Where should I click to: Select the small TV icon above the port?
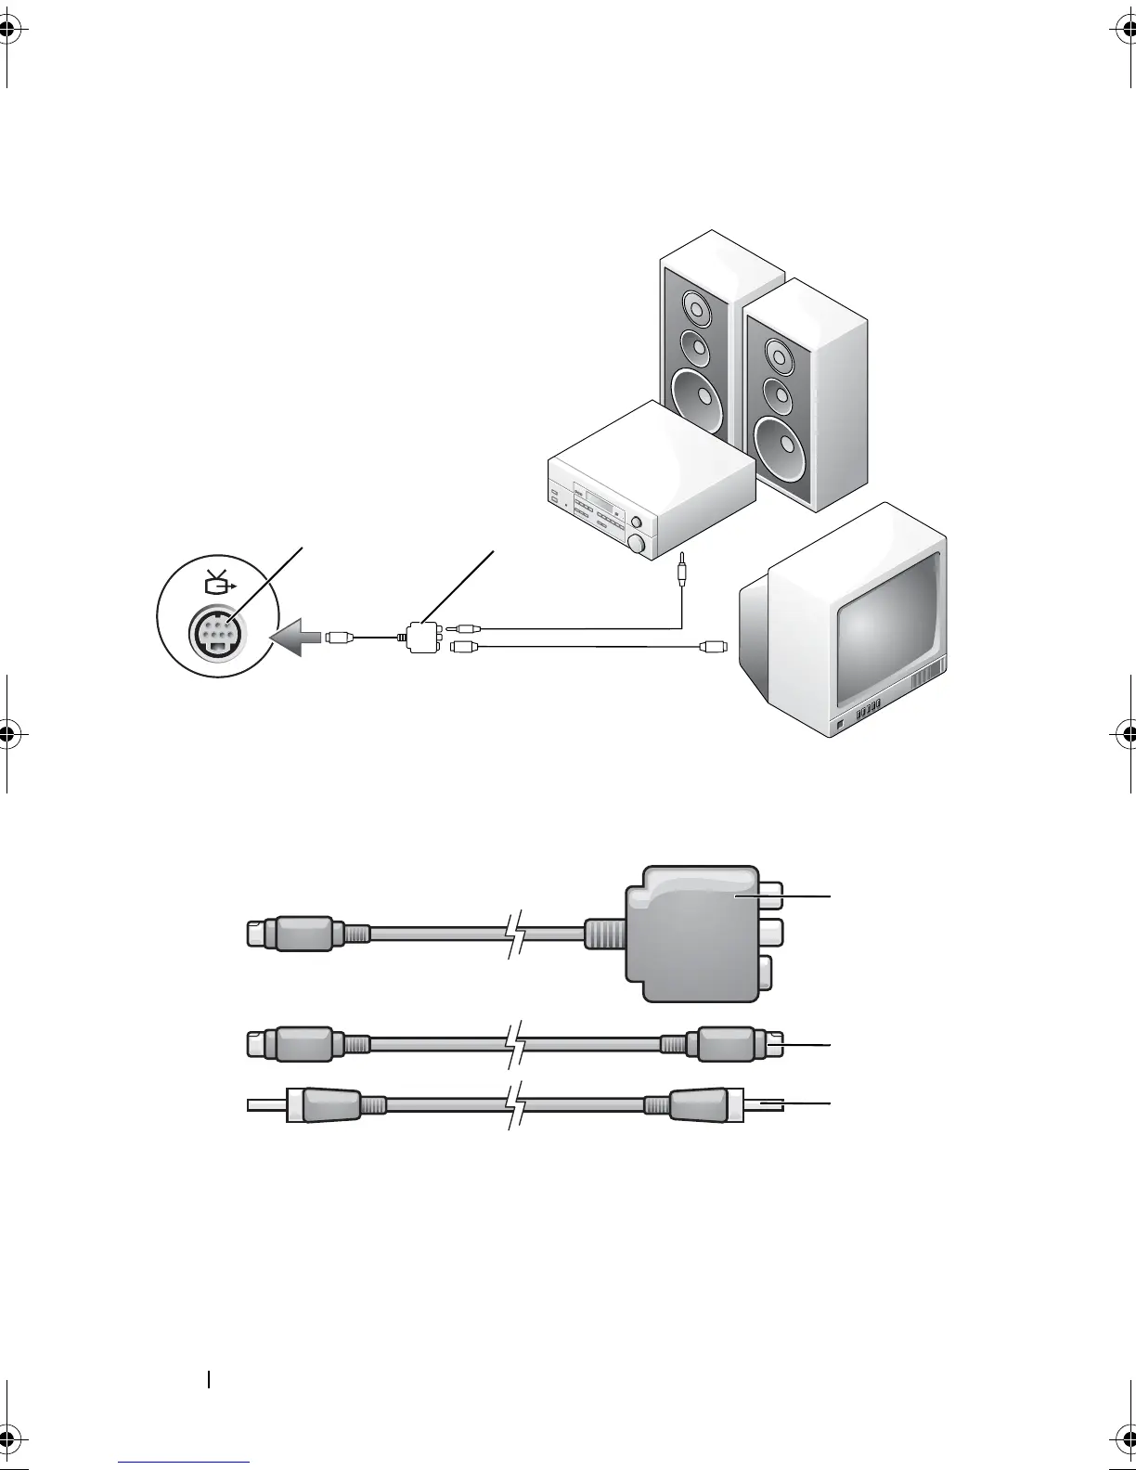[x=215, y=584]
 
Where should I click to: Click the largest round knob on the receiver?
[x=637, y=544]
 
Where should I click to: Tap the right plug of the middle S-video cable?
[x=733, y=1044]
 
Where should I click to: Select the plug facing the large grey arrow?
[x=340, y=638]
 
